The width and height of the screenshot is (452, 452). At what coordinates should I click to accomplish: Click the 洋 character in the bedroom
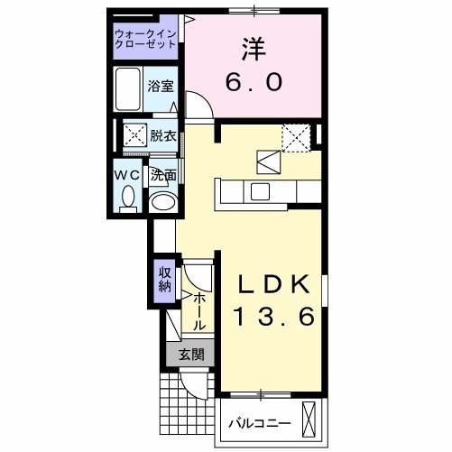[x=254, y=48]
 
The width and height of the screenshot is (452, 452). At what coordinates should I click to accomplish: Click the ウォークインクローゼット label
[x=146, y=40]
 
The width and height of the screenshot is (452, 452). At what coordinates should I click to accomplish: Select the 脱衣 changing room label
[x=162, y=136]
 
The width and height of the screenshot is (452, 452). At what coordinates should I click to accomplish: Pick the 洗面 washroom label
[x=162, y=175]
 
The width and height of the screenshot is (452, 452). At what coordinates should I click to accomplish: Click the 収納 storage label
[x=164, y=280]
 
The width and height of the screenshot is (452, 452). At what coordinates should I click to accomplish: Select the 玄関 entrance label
[x=190, y=355]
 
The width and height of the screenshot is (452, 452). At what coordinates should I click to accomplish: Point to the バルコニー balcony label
[x=258, y=421]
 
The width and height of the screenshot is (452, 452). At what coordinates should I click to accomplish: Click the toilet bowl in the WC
[x=127, y=196]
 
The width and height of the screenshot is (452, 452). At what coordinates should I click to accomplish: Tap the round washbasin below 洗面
[x=162, y=201]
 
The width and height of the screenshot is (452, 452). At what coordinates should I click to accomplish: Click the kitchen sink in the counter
[x=260, y=191]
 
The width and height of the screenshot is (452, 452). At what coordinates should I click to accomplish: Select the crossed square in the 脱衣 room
[x=135, y=136]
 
